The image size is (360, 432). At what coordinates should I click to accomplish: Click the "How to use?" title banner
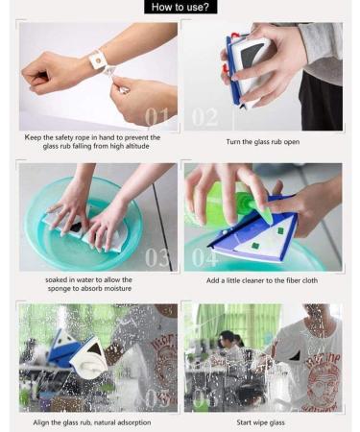180,7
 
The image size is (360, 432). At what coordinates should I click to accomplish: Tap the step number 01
156,116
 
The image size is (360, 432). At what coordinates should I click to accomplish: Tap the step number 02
204,117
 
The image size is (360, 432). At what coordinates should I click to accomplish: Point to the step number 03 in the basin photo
156,257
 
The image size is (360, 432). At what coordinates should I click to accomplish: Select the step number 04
205,257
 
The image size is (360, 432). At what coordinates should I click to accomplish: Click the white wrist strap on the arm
97,60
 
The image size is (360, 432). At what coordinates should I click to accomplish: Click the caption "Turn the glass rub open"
263,142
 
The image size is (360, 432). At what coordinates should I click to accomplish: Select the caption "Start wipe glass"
260,422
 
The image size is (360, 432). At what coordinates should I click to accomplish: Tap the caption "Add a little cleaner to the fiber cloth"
262,280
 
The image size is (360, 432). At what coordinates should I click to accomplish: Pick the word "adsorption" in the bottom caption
129,422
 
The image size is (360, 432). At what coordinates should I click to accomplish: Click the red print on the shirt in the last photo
324,377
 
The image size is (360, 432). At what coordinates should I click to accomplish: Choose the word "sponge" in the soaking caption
59,289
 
